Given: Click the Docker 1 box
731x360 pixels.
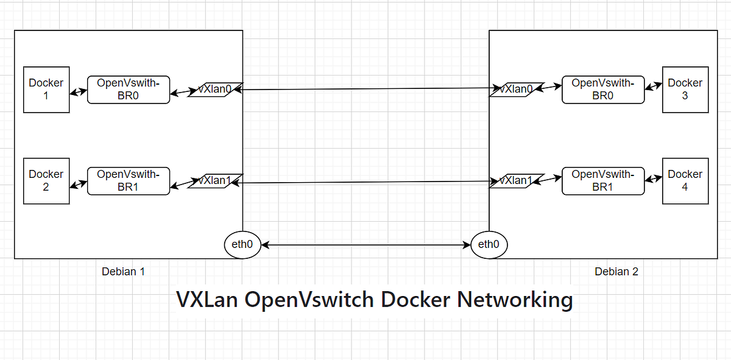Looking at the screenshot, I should click(x=46, y=90).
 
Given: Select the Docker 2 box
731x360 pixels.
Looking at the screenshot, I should click(x=46, y=181).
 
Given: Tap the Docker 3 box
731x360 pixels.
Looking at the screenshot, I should click(x=685, y=90).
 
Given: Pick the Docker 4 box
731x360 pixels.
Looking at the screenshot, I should click(x=685, y=181).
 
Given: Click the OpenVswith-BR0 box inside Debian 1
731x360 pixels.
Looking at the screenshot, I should click(x=129, y=90).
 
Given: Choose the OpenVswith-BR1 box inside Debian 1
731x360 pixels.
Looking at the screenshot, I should click(x=129, y=181).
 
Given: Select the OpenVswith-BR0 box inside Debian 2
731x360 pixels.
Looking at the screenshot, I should click(x=603, y=90).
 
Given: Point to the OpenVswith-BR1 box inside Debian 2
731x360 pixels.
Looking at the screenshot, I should click(x=603, y=181).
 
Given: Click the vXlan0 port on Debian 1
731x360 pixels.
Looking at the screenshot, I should click(x=215, y=90).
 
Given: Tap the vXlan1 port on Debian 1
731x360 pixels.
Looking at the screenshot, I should click(x=215, y=181).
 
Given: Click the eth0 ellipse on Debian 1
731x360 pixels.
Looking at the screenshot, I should click(x=242, y=245).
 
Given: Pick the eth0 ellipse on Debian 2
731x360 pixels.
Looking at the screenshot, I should click(x=489, y=245).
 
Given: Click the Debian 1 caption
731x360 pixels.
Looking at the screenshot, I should click(x=123, y=272).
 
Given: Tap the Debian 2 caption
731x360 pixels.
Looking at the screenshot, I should click(x=616, y=272).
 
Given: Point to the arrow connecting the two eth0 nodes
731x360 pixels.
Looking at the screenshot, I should click(x=365, y=245).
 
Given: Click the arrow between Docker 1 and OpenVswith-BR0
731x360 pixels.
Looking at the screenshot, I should click(x=79, y=93).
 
